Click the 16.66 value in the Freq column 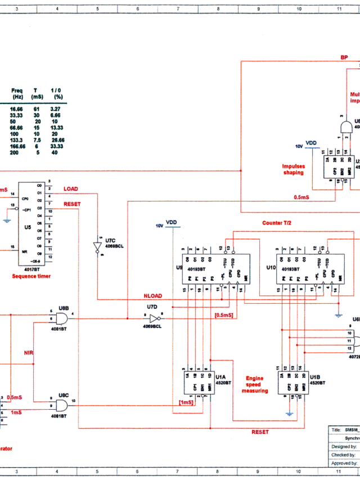click(x=17, y=109)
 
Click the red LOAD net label click(x=71, y=189)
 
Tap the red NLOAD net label click(x=153, y=296)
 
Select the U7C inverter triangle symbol click(x=97, y=246)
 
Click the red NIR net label click(x=28, y=353)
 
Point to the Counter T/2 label click(x=277, y=223)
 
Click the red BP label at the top click(x=344, y=57)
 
